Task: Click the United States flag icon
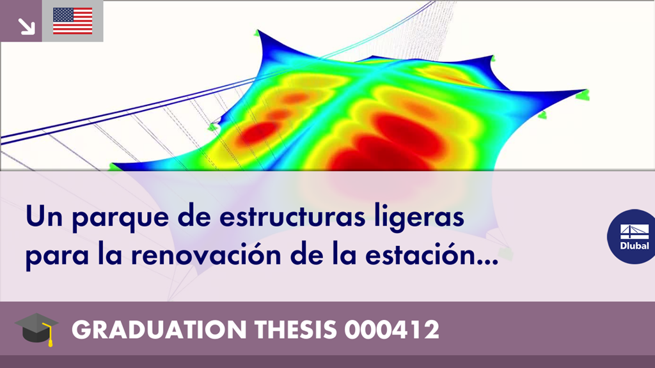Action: pyautogui.click(x=73, y=21)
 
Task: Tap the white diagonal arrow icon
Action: pyautogui.click(x=26, y=26)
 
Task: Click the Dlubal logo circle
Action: pyautogui.click(x=631, y=236)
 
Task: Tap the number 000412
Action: pyautogui.click(x=391, y=330)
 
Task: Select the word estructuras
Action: pyautogui.click(x=292, y=216)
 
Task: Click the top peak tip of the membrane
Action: pyautogui.click(x=258, y=30)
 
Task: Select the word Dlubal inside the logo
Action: pyautogui.click(x=635, y=246)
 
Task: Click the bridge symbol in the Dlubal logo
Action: pyautogui.click(x=635, y=232)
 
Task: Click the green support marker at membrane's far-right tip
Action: pyautogui.click(x=583, y=96)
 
